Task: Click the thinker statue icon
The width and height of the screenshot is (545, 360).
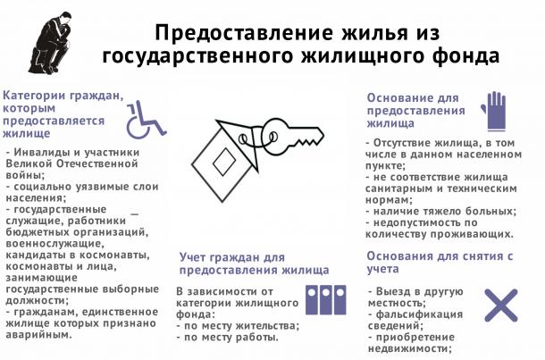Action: click(x=52, y=44)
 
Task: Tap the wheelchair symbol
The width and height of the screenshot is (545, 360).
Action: click(x=146, y=120)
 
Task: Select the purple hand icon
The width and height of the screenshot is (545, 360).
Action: click(x=494, y=112)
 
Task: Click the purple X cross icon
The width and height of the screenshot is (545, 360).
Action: click(x=501, y=306)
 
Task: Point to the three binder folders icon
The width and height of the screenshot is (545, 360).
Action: click(x=326, y=300)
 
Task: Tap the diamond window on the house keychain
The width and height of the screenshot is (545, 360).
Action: click(x=224, y=161)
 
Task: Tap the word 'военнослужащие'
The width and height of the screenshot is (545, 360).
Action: click(x=54, y=244)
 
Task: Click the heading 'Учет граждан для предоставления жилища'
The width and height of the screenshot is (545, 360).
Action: click(x=254, y=264)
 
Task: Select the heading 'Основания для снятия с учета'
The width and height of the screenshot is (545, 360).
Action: click(x=440, y=263)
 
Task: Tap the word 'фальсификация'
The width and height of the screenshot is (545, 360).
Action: click(x=420, y=314)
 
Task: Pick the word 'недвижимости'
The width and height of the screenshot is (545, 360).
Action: click(x=409, y=348)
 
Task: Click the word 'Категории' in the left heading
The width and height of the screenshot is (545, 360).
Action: click(x=35, y=96)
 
